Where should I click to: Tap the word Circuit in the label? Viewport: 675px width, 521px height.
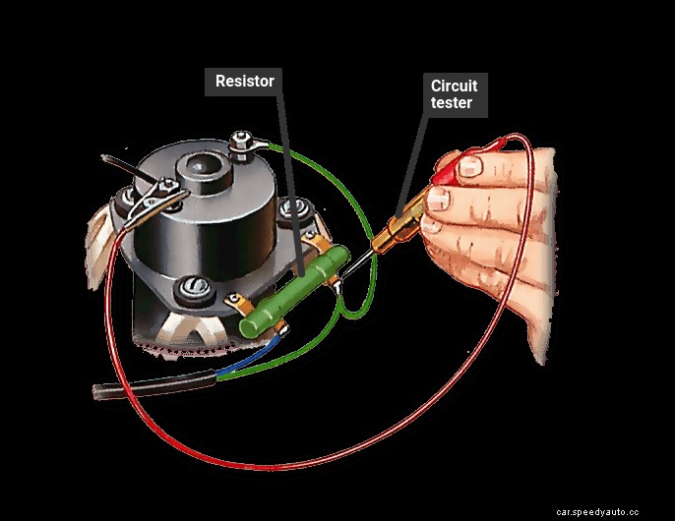click(x=455, y=87)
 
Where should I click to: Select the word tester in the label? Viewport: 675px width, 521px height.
click(x=452, y=102)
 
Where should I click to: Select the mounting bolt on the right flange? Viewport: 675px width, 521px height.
click(x=290, y=210)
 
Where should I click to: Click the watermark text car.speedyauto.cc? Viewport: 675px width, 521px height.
click(x=610, y=512)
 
